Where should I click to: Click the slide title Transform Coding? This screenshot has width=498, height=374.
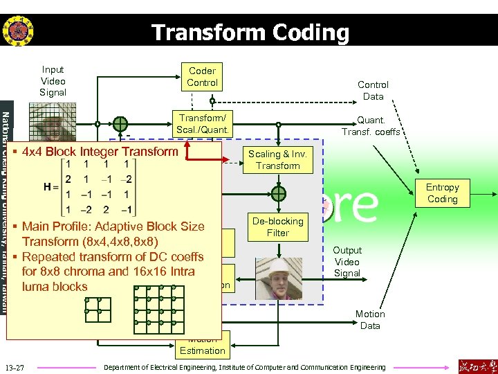tap(250, 32)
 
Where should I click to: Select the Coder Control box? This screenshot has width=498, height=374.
tap(202, 77)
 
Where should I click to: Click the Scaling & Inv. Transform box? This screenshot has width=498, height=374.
tap(278, 160)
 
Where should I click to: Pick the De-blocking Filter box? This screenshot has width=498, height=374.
tap(278, 227)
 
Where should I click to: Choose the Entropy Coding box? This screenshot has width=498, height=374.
tap(442, 193)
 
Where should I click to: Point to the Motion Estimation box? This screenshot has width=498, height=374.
tap(202, 346)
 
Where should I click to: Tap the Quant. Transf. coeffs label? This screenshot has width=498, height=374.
tap(371, 126)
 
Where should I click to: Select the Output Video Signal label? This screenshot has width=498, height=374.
tap(347, 262)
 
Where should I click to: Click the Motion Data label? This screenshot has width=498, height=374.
tap(370, 319)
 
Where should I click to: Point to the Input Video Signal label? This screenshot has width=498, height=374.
tap(53, 81)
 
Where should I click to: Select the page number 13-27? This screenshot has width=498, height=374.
tap(14, 366)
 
